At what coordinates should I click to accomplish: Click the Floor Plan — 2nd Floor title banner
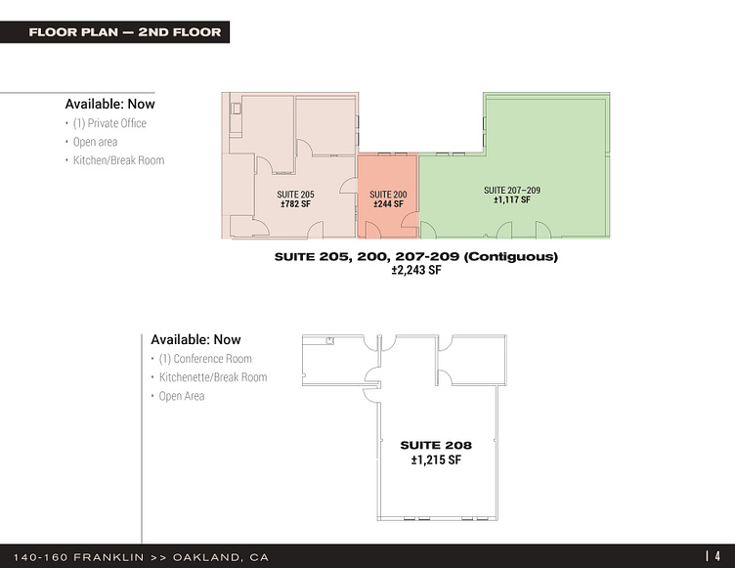115,32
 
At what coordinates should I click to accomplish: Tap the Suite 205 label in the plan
295,195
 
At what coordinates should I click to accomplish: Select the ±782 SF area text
295,204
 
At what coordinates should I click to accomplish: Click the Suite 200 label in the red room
388,195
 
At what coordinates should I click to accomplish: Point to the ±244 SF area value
388,204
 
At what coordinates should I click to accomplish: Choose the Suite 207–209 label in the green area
512,190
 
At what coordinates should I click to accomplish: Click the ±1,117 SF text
512,199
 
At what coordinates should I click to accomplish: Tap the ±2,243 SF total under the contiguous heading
416,270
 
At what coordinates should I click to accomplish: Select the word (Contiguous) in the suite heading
511,256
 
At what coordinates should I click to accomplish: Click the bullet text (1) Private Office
109,123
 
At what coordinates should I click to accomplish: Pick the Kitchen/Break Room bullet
118,160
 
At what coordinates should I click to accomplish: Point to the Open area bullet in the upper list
95,142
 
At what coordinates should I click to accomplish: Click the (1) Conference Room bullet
205,359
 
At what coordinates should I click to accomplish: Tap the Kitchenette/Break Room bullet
213,377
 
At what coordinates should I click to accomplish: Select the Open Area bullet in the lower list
182,396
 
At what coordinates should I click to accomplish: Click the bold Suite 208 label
436,445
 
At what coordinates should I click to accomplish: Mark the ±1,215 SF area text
436,459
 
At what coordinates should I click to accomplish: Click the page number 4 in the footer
717,556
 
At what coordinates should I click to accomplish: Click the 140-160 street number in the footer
40,557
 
